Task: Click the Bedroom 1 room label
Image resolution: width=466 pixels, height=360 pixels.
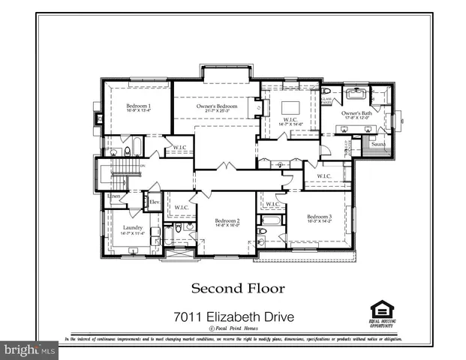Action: pyautogui.click(x=139, y=106)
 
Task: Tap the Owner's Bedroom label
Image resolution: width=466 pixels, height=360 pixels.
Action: pyautogui.click(x=217, y=106)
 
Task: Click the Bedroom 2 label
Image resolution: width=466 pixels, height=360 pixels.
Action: pyautogui.click(x=227, y=220)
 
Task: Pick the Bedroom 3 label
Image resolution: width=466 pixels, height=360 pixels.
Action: pyautogui.click(x=318, y=217)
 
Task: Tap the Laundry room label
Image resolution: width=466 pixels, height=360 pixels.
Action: pyautogui.click(x=123, y=228)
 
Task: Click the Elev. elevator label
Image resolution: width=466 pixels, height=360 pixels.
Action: pyautogui.click(x=154, y=202)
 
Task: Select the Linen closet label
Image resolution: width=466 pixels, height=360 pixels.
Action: pyautogui.click(x=114, y=196)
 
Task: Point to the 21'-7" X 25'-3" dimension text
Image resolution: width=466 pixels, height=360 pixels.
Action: pyautogui.click(x=217, y=112)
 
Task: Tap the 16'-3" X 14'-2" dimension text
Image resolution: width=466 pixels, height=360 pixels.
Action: pyautogui.click(x=318, y=222)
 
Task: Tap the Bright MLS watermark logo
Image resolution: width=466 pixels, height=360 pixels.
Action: pyautogui.click(x=29, y=349)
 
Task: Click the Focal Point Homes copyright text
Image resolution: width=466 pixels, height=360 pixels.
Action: pyautogui.click(x=235, y=329)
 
